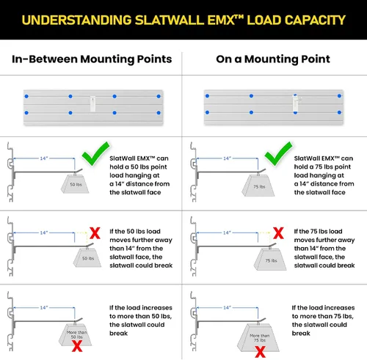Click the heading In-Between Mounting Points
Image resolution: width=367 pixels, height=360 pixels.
92,59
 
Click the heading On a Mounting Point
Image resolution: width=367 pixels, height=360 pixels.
273,59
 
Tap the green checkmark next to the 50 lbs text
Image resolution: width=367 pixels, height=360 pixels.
95,154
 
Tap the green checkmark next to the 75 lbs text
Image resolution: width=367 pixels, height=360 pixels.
278,154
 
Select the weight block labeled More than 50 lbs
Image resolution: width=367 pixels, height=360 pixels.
76,335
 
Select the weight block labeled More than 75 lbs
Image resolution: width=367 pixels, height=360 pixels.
258,338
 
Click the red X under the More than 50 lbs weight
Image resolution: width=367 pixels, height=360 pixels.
77,346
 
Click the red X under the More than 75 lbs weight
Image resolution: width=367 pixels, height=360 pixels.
260,352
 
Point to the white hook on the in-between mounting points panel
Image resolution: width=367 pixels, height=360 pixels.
92,103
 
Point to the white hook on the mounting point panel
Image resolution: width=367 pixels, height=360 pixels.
296,103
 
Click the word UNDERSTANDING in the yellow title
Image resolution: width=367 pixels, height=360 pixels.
76,20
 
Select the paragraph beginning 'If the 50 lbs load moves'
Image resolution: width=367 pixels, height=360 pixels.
141,249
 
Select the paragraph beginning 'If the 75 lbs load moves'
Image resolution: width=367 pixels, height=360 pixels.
324,249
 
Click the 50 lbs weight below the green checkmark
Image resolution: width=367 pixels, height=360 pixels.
75,184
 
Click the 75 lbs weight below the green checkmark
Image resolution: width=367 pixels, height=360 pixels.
258,185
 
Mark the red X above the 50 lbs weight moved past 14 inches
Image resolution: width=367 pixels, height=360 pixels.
95,233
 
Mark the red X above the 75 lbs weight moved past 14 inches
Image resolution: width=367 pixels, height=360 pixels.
278,233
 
